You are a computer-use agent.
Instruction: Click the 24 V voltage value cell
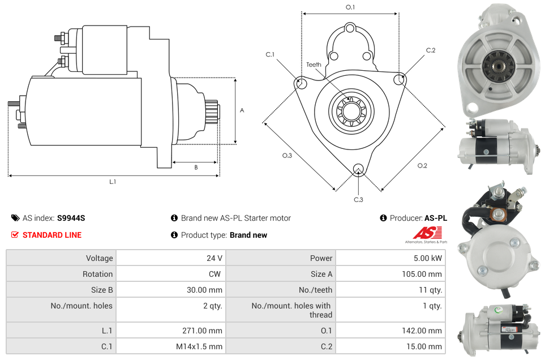pyautogui.click(x=214, y=258)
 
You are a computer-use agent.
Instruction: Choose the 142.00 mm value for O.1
pyautogui.click(x=426, y=331)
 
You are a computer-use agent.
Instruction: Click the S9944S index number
pyautogui.click(x=71, y=218)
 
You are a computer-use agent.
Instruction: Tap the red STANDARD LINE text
pyautogui.click(x=52, y=235)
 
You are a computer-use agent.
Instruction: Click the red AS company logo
pyautogui.click(x=427, y=233)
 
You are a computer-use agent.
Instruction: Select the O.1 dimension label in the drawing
pyautogui.click(x=350, y=7)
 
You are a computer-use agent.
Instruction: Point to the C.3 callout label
pyautogui.click(x=358, y=199)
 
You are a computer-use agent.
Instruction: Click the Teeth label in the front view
pyautogui.click(x=314, y=65)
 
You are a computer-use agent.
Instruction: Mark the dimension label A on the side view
pyautogui.click(x=242, y=110)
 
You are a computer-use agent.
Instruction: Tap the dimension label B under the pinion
pyautogui.click(x=196, y=168)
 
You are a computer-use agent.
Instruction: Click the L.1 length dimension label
pyautogui.click(x=113, y=182)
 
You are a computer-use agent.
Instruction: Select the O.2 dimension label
pyautogui.click(x=422, y=165)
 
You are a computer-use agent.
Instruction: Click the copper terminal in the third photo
pyautogui.click(x=497, y=215)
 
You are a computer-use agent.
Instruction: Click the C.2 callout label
pyautogui.click(x=431, y=50)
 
